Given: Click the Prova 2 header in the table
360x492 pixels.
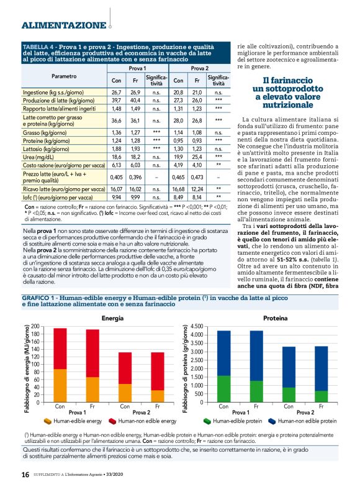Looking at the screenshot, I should (200, 68).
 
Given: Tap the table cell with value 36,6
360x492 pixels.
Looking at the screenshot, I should (116, 121).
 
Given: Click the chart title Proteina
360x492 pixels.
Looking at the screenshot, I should (274, 318).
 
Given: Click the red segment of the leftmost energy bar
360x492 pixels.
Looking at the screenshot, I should (59, 348).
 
